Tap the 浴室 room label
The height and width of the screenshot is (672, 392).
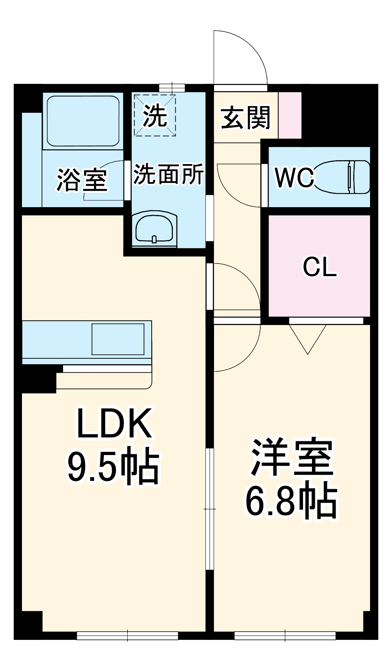82,180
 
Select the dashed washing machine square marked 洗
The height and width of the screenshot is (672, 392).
155,115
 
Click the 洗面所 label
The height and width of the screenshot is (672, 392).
169,174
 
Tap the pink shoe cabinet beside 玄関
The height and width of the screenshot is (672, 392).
290,115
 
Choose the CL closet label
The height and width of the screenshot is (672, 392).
319,267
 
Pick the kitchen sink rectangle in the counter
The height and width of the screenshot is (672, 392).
118,339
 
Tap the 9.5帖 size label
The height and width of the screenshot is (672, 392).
114,467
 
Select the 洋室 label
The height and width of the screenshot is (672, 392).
292,457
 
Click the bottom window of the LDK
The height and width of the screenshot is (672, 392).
128,635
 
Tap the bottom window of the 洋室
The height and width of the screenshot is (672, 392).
285,635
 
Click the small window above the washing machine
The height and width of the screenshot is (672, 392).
172,88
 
